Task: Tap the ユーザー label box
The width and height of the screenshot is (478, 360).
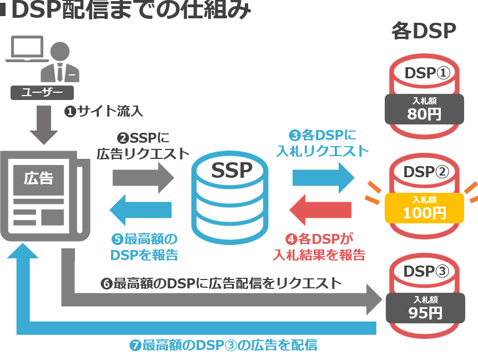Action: tap(42, 92)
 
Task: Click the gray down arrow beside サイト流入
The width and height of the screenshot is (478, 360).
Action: tap(44, 125)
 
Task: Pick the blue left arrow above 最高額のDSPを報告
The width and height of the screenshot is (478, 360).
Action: tap(141, 209)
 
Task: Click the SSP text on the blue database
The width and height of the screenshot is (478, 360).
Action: tap(232, 170)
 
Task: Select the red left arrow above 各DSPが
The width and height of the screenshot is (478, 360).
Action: tap(321, 210)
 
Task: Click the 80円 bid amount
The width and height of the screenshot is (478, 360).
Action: tap(424, 115)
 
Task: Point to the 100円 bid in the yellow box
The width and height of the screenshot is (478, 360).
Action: tap(424, 212)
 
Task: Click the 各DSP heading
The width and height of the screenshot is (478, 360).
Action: tap(424, 31)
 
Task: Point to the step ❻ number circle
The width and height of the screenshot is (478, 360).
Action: tap(106, 284)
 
